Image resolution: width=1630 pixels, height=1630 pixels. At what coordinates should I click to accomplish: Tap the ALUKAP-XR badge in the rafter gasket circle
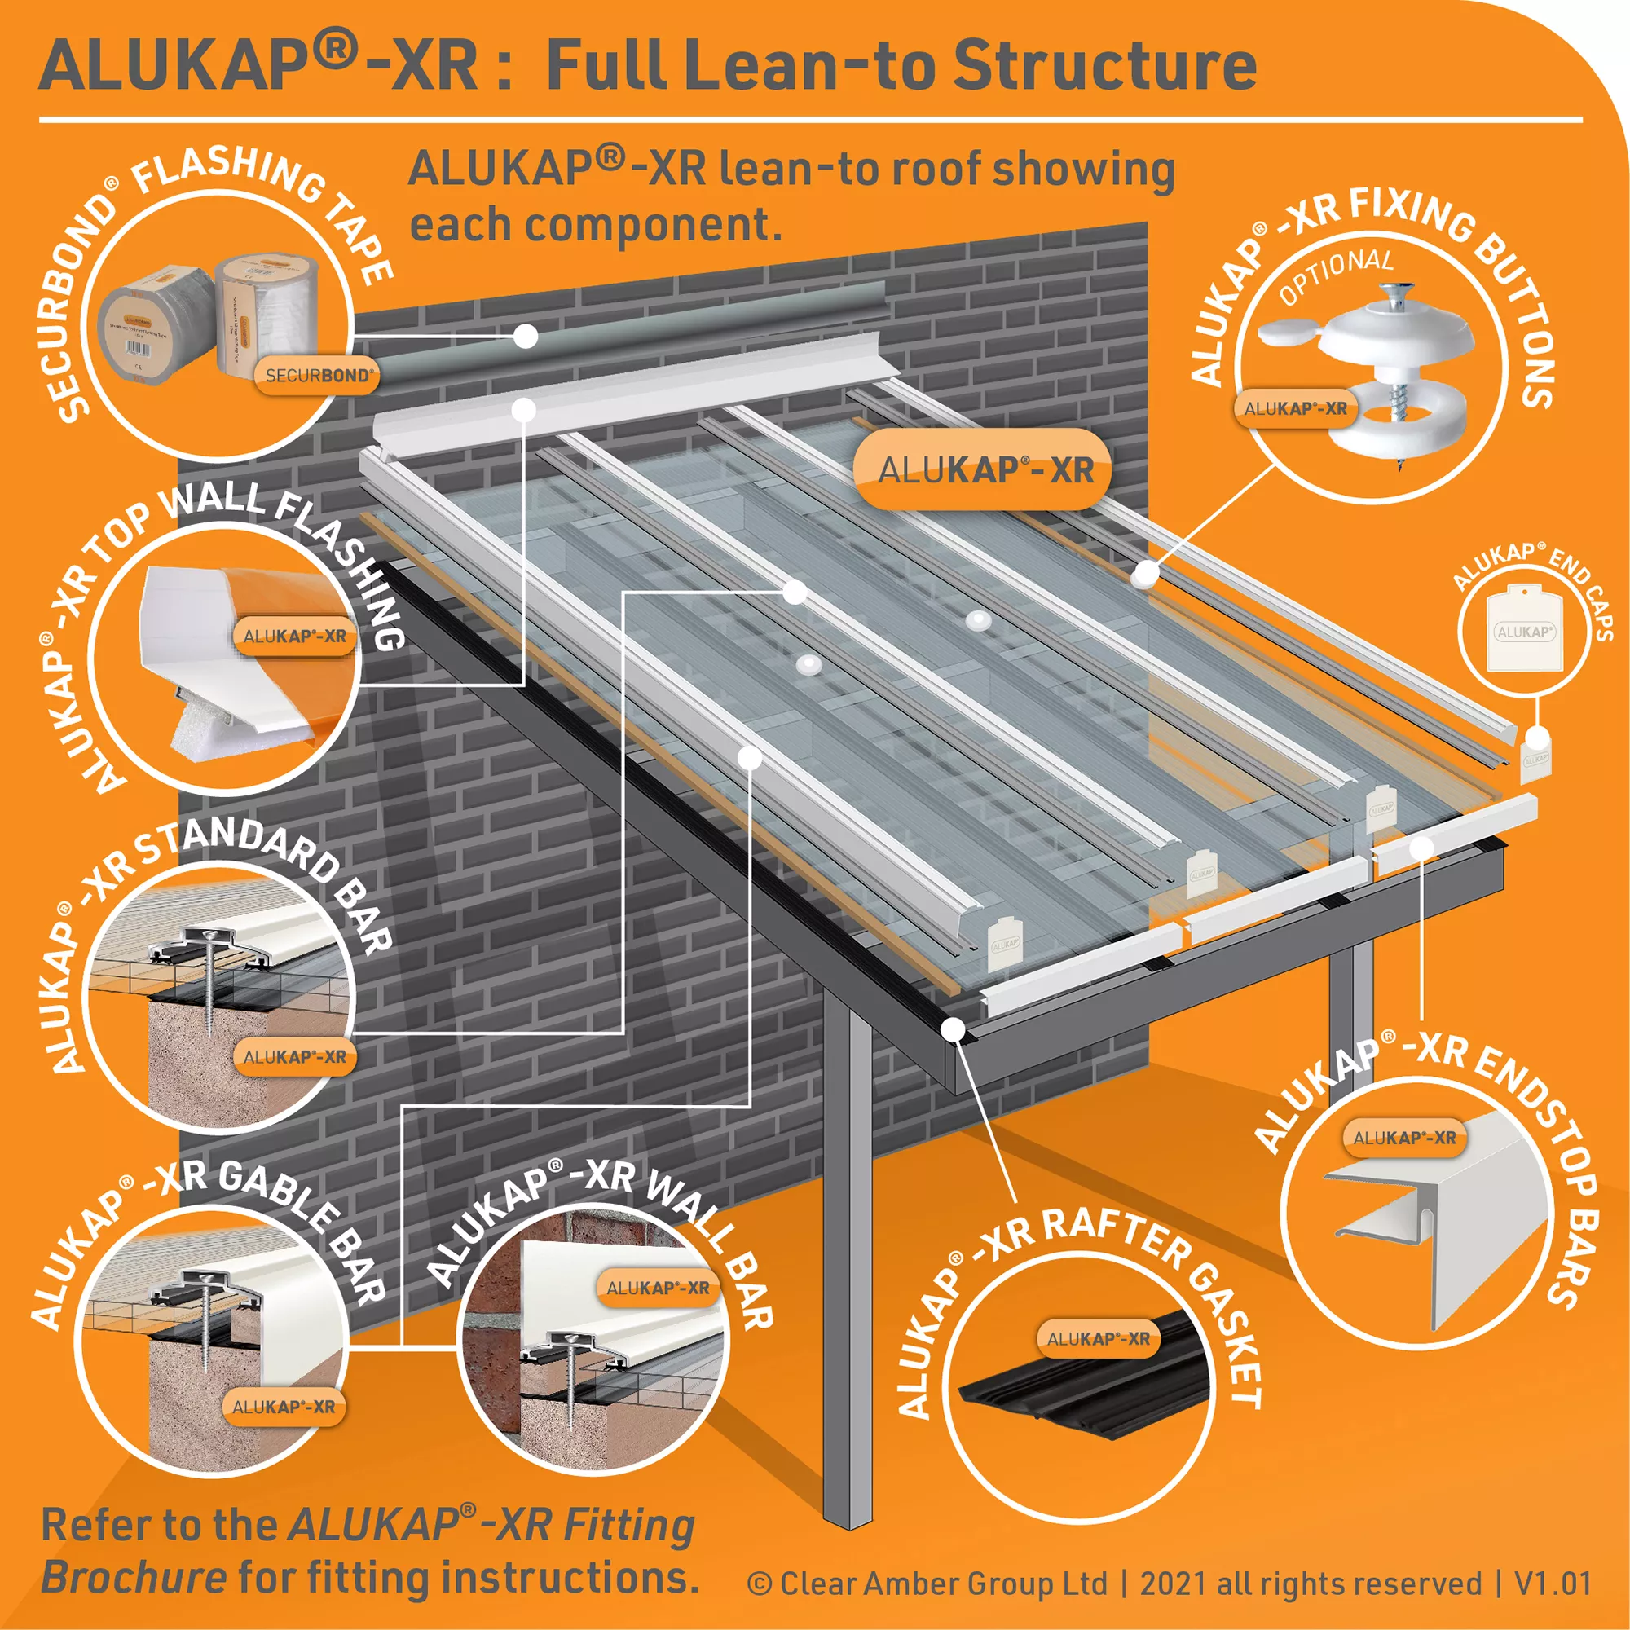point(1098,1338)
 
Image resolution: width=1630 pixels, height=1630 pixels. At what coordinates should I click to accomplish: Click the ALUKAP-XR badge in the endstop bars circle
point(1404,1137)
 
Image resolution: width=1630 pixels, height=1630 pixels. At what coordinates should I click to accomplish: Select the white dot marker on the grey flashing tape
point(526,336)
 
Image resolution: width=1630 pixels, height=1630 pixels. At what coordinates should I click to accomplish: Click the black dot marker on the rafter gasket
point(954,1029)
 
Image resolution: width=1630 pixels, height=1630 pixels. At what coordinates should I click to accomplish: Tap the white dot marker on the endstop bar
point(1422,846)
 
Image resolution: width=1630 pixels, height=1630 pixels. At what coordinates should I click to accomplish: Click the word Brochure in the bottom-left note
point(134,1576)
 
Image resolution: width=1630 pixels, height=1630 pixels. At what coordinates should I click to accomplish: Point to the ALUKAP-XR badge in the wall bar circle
point(658,1288)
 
